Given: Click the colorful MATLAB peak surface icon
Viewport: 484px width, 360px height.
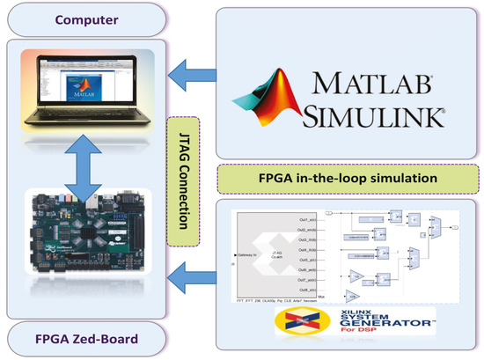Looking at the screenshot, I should pyautogui.click(x=269, y=97).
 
